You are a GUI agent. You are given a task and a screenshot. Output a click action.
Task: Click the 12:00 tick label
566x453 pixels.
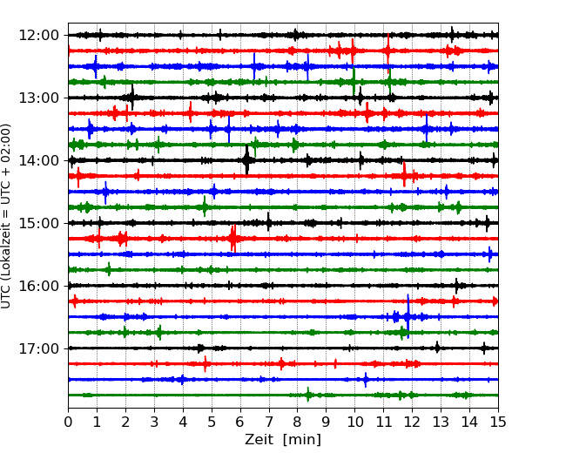pos(38,36)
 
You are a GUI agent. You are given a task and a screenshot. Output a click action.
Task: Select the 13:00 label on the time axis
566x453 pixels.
pos(38,98)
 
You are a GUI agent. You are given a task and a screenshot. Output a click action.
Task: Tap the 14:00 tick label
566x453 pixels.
pos(38,160)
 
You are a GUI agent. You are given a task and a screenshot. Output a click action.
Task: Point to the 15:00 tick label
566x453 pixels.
pos(38,223)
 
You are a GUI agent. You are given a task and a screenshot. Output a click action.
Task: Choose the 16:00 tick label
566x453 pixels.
pos(38,286)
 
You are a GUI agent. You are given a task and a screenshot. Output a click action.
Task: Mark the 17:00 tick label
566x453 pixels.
pos(38,348)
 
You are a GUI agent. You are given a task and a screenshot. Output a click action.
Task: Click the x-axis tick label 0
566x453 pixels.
pos(68,422)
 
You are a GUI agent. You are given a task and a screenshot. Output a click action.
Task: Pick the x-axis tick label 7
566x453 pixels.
pos(269,422)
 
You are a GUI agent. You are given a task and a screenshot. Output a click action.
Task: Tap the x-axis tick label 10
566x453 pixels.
pos(354,422)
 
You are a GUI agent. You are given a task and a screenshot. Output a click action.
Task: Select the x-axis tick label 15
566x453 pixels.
pos(498,422)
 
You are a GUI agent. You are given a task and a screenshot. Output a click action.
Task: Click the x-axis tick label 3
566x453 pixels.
pos(154,422)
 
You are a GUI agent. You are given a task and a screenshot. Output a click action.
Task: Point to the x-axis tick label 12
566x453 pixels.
pos(412,422)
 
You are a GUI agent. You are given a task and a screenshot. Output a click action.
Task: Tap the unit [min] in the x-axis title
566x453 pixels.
pos(302,440)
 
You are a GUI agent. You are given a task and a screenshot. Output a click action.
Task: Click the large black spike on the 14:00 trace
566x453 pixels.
pos(246,159)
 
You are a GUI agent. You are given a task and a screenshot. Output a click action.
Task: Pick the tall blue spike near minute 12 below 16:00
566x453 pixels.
pos(408,316)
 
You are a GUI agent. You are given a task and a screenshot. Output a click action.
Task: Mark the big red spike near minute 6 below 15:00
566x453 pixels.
pos(233,238)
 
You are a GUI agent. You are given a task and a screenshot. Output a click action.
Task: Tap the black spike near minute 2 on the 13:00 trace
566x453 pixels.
pos(132,98)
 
